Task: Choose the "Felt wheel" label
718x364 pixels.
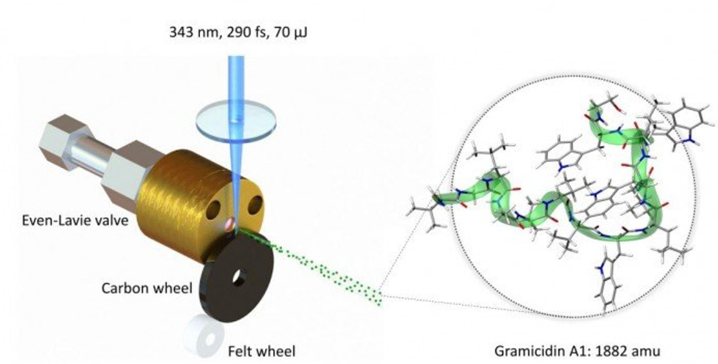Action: click(262, 352)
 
